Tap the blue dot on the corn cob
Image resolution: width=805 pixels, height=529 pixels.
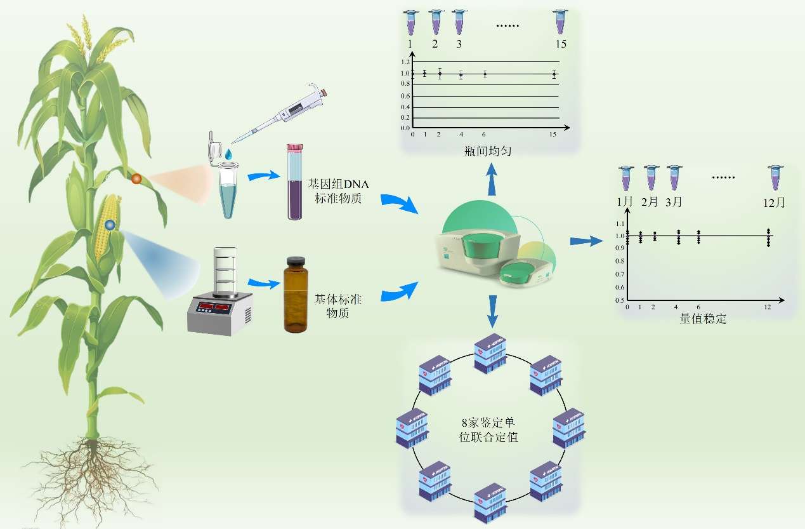(x=110, y=224)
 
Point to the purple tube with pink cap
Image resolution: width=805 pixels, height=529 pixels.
(x=294, y=182)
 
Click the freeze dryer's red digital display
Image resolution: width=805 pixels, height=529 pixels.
(x=214, y=307)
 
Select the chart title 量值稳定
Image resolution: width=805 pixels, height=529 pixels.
(x=703, y=319)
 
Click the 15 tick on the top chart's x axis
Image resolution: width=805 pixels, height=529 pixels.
(x=553, y=135)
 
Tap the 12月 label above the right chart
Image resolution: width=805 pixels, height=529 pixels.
(x=775, y=203)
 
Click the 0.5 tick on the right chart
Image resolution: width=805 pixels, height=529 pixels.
(x=618, y=300)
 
